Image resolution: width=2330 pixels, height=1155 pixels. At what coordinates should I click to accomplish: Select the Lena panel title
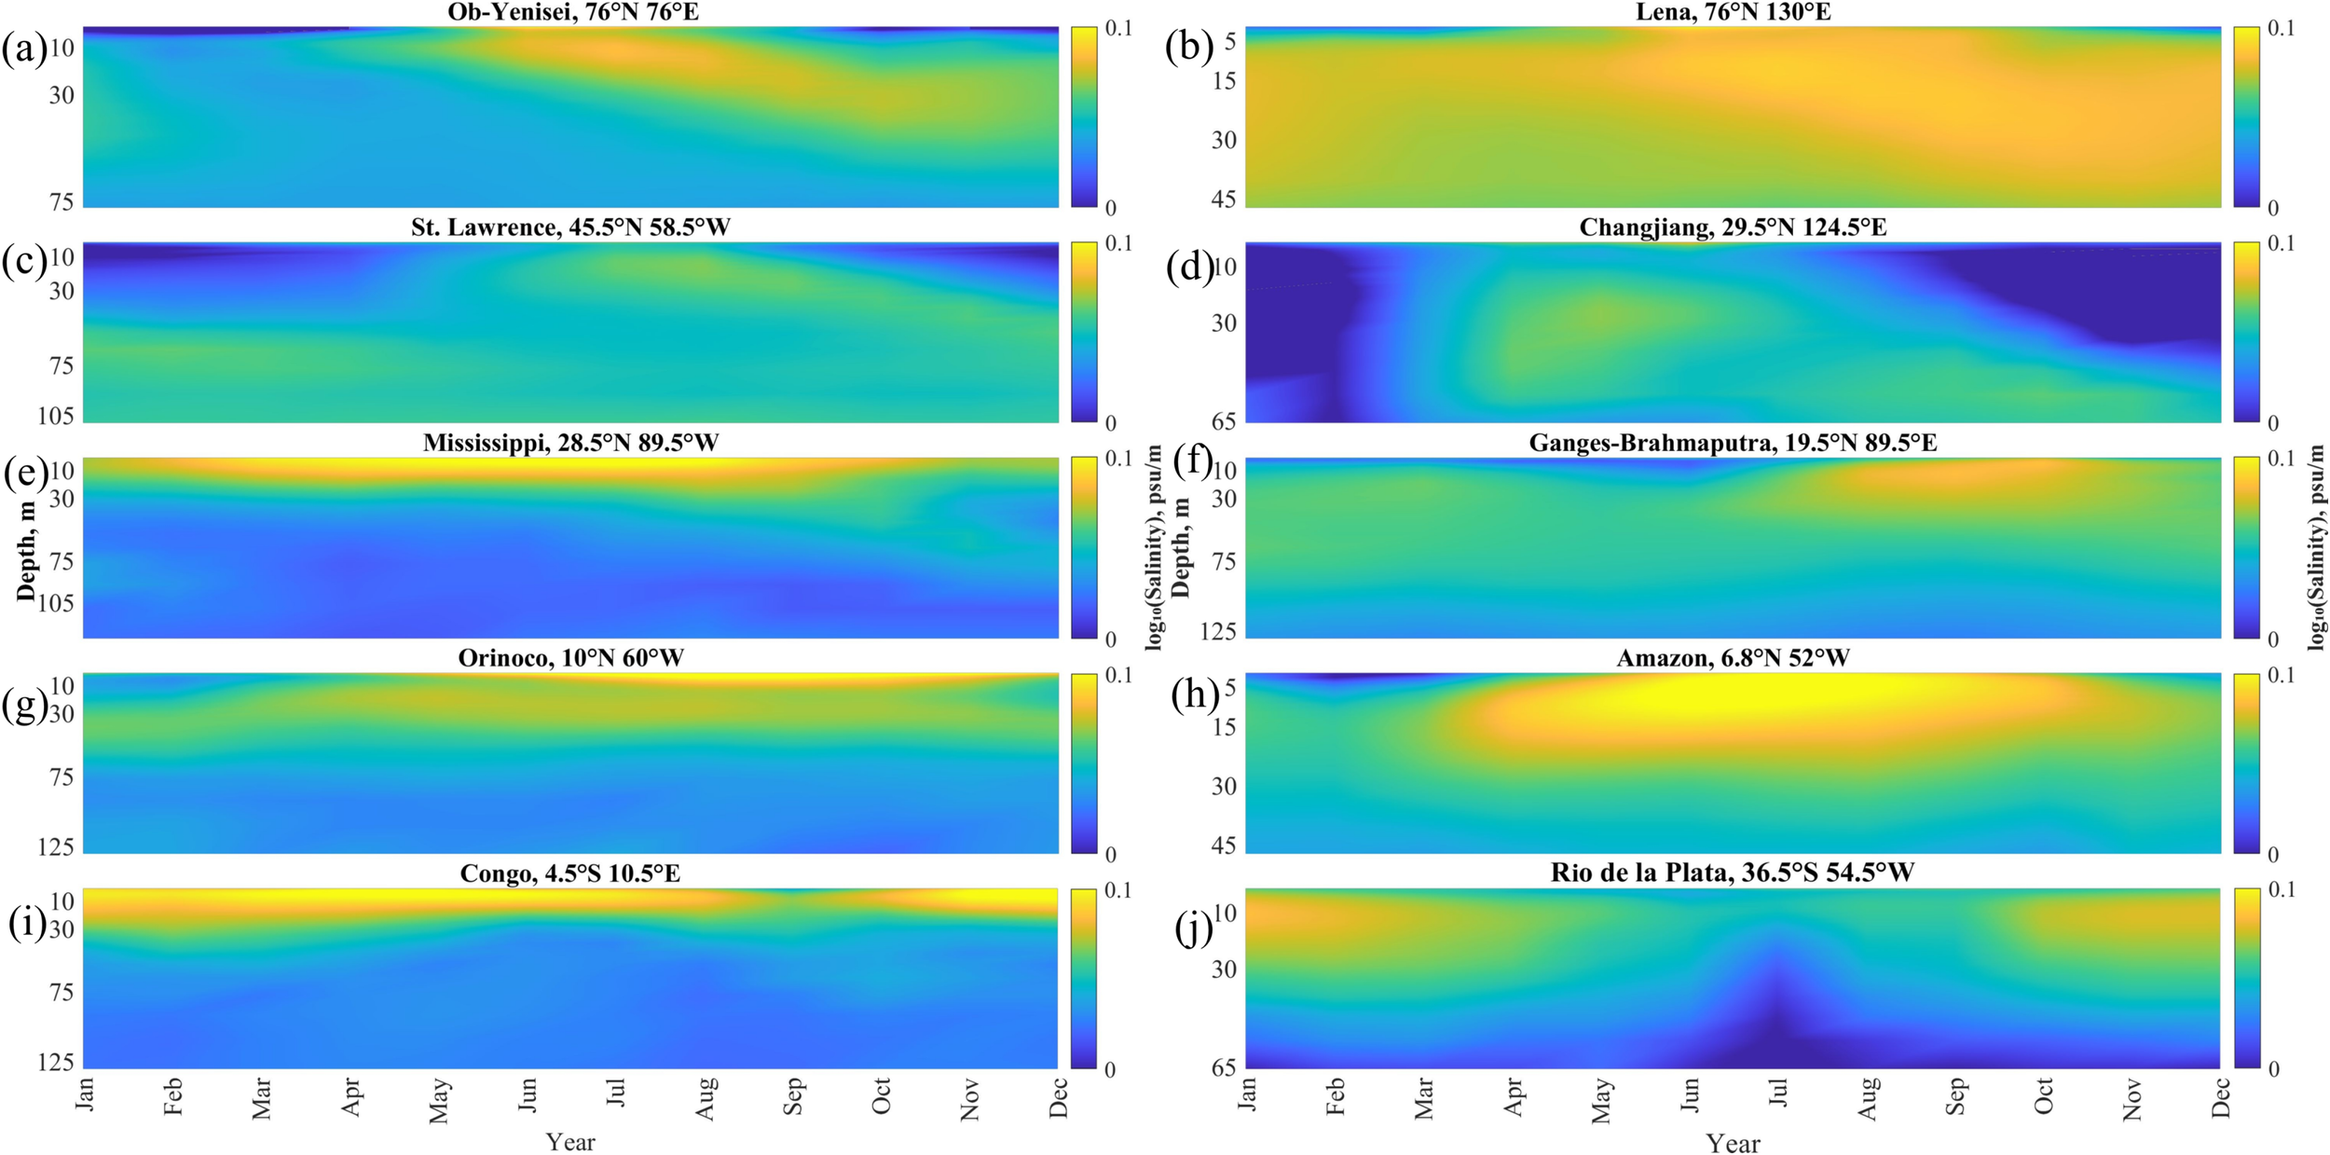(x=1733, y=12)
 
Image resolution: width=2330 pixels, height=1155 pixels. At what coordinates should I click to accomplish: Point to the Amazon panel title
(x=1733, y=658)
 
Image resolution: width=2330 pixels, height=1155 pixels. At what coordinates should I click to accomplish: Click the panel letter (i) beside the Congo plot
(x=26, y=923)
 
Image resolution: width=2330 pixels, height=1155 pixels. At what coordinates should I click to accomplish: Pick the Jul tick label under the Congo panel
(x=616, y=1092)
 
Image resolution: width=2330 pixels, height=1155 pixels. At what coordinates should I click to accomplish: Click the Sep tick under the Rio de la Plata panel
(x=1955, y=1096)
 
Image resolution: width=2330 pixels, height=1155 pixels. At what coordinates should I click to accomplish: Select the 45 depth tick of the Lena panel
(x=1224, y=199)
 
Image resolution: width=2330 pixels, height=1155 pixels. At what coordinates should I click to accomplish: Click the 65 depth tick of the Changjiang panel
(x=1224, y=420)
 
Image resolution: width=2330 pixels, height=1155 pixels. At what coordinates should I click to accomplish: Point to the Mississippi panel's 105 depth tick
(x=56, y=603)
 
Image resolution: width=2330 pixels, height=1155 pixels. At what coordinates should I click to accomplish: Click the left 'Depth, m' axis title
(x=26, y=548)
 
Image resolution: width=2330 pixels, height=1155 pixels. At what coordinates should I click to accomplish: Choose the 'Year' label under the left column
(x=569, y=1141)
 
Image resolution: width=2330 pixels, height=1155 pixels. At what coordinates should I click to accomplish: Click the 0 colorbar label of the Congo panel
(x=1109, y=1069)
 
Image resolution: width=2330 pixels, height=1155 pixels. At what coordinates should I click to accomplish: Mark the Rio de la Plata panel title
(x=1733, y=873)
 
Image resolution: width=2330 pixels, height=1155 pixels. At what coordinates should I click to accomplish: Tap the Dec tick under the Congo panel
(x=1059, y=1097)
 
